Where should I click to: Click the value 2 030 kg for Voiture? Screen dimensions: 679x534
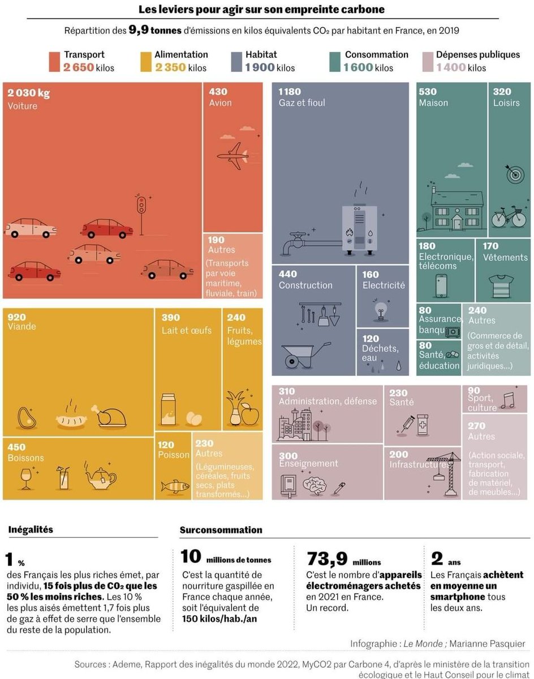[x=29, y=93]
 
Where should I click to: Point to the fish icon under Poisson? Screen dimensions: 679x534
[x=175, y=485]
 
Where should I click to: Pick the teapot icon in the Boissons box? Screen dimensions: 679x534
[x=100, y=478]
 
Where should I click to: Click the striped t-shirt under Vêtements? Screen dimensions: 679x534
[x=502, y=286]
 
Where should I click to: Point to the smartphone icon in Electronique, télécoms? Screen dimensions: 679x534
[x=442, y=286]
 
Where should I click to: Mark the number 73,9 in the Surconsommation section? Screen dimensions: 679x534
[x=326, y=558]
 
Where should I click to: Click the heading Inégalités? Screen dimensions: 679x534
[x=31, y=530]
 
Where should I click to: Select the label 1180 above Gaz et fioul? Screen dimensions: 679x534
[x=290, y=92]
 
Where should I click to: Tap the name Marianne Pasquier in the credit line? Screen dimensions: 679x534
[x=488, y=643]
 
